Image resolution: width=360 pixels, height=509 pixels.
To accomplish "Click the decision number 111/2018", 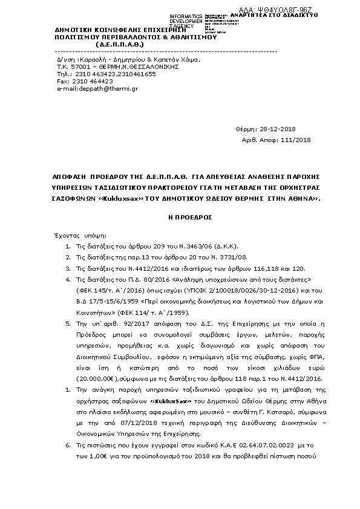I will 296,140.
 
